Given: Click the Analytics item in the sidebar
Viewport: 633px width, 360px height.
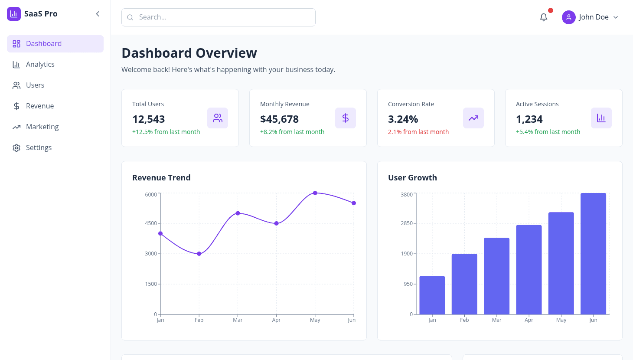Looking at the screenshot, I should tap(40, 64).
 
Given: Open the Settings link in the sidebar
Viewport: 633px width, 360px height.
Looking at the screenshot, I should tap(39, 147).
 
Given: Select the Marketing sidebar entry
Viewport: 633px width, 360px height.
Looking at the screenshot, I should tap(42, 127).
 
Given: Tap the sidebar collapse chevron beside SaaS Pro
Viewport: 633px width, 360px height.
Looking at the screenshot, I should tap(98, 14).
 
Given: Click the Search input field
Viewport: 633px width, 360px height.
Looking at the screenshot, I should tap(219, 17).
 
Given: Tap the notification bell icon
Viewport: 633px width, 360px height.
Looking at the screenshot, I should tap(544, 17).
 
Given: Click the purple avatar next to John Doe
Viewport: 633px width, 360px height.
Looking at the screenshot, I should tap(568, 17).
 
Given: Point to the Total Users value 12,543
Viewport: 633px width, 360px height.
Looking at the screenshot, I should tap(149, 119).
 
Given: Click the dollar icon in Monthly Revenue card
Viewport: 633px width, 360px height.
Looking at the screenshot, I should tap(346, 118).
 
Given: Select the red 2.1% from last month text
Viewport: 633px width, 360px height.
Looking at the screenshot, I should tap(418, 132).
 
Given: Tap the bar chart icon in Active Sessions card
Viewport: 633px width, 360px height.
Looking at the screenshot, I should tap(601, 118).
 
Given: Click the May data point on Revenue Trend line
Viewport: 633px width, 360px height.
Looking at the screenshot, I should tap(315, 193).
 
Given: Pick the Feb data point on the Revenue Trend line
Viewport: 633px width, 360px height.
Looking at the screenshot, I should tap(199, 254).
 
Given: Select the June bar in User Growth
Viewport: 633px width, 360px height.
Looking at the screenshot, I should tap(593, 254).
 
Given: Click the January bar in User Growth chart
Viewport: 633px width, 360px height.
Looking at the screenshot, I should tap(432, 295).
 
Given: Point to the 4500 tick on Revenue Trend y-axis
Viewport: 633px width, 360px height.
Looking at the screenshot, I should tap(151, 223).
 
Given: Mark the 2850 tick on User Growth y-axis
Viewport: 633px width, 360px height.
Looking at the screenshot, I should tap(407, 223).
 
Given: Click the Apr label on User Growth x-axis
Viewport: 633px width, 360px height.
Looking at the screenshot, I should tap(529, 320).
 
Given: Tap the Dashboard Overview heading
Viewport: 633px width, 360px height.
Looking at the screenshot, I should tap(189, 53).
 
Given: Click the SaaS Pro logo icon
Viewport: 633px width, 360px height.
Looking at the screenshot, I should tap(14, 14).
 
